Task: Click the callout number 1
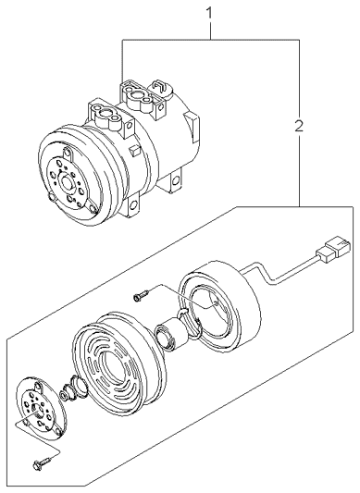click(x=209, y=14)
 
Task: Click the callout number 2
click(x=299, y=126)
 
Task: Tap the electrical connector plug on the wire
click(x=332, y=246)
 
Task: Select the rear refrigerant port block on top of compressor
click(x=138, y=94)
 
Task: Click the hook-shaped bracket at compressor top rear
click(x=161, y=86)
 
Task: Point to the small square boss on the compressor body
click(x=134, y=149)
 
